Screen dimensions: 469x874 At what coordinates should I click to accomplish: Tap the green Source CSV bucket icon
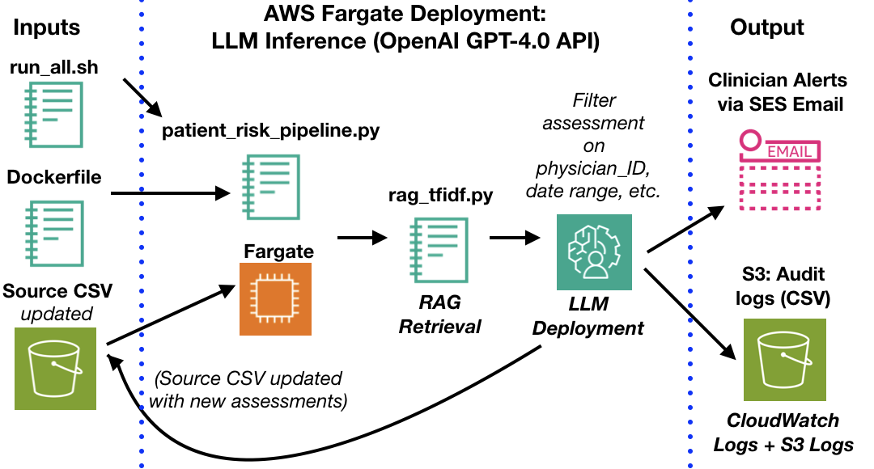coord(55,368)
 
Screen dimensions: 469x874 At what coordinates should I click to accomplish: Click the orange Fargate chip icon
coord(276,298)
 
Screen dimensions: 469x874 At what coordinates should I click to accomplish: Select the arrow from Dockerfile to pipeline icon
coord(170,194)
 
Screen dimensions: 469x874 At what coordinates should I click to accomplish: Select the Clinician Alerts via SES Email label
coord(776,91)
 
